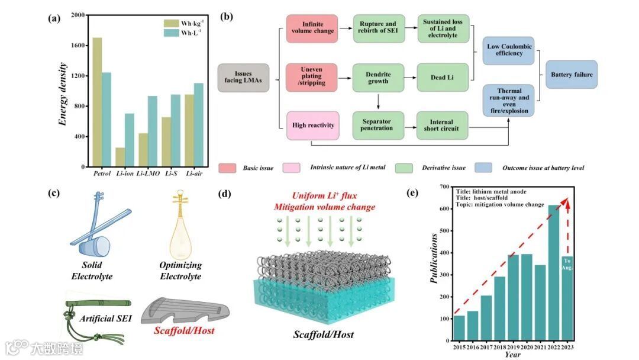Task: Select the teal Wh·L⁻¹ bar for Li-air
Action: coord(199,125)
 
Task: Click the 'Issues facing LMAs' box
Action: coord(243,78)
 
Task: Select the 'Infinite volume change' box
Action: coord(311,28)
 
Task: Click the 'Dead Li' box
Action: coord(443,77)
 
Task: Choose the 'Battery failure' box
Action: coord(571,75)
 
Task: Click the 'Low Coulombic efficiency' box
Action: coord(505,50)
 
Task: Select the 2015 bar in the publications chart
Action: coord(459,329)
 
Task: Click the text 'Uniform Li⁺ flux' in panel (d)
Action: coord(324,197)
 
